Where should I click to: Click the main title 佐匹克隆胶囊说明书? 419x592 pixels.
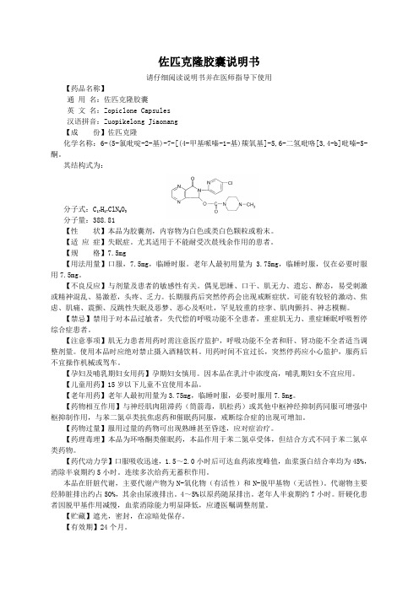(209, 62)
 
